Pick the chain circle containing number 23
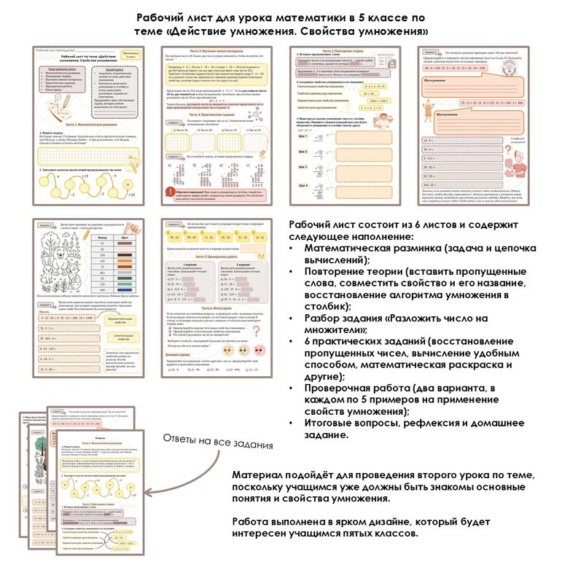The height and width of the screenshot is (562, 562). tap(45, 180)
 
